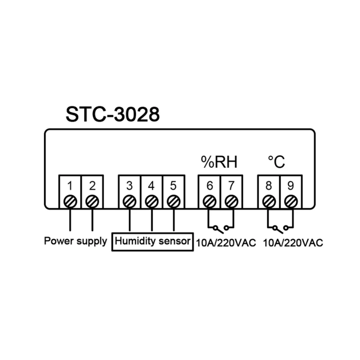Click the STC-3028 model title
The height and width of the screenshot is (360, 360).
point(112,114)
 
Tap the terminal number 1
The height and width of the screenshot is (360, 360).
point(70,186)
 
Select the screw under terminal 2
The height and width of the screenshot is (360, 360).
point(92,202)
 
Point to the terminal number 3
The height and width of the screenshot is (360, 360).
point(130,186)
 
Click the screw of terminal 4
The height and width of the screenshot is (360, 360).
point(152,202)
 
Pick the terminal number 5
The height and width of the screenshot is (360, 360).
point(173,186)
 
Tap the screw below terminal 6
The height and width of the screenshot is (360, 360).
point(209,202)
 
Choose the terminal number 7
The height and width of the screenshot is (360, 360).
point(231,186)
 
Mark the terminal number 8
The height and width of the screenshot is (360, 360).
point(269,186)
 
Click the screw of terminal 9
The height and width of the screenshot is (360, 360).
point(291,202)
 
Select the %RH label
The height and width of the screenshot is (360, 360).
point(219,162)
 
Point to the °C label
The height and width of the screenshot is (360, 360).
point(276,162)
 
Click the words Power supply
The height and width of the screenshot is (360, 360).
point(76,241)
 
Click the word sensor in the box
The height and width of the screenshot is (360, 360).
point(175,241)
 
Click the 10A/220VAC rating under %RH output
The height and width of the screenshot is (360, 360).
point(226,243)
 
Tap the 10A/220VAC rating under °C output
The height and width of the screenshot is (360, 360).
point(293,243)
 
